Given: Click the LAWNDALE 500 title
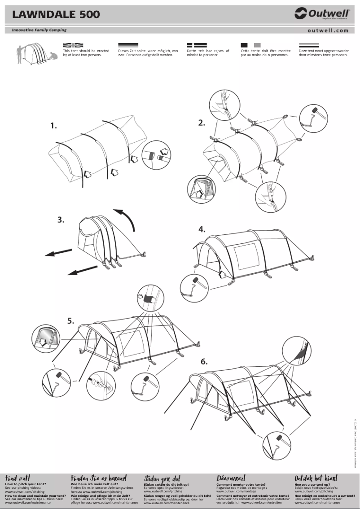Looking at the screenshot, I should coord(56,15).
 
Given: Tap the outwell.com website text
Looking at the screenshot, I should coord(328,31).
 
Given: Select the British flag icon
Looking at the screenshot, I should coord(73,45).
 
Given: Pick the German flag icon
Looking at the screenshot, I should coord(128,45).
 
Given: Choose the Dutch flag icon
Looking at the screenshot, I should coord(309,45).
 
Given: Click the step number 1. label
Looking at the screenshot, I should coord(54,126).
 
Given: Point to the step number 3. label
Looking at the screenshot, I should coord(61,220).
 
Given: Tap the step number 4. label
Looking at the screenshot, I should coord(202,229).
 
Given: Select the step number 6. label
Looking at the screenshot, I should coord(204,362).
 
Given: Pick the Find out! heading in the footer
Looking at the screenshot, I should coord(18,478).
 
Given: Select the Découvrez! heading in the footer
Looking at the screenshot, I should coord(231,478).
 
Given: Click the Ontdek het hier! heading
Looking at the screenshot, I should coord(316,478).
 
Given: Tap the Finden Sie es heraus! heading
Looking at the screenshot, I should coord(99,478).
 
